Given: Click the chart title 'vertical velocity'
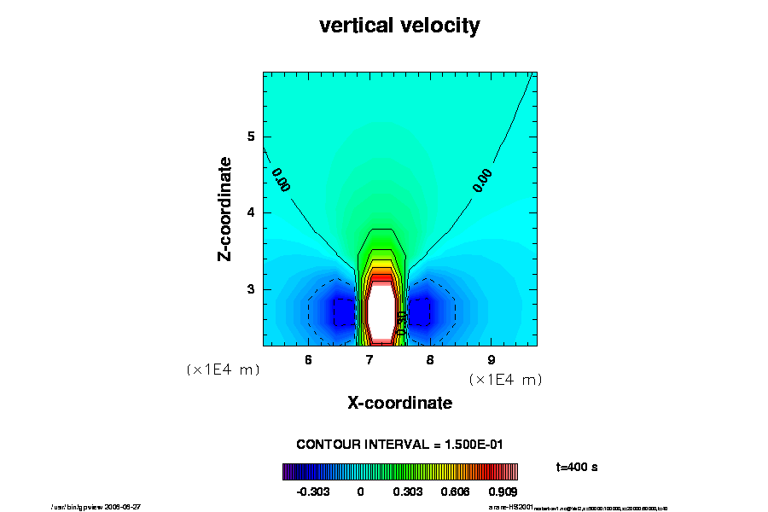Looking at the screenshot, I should (x=399, y=26).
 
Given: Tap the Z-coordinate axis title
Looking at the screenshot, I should (x=225, y=208).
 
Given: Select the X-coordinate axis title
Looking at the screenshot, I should (x=399, y=403).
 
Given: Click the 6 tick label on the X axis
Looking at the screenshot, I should (x=308, y=359).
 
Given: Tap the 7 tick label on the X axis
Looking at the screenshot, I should (x=369, y=359).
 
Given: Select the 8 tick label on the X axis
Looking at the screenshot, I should (x=430, y=359).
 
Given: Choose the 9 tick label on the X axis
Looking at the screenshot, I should (x=492, y=359).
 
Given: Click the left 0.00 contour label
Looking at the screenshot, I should (x=281, y=179).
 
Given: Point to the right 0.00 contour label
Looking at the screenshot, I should (x=483, y=180).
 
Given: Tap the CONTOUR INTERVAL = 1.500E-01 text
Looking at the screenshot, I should (x=399, y=445).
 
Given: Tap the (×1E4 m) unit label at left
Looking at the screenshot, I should (x=223, y=370).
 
